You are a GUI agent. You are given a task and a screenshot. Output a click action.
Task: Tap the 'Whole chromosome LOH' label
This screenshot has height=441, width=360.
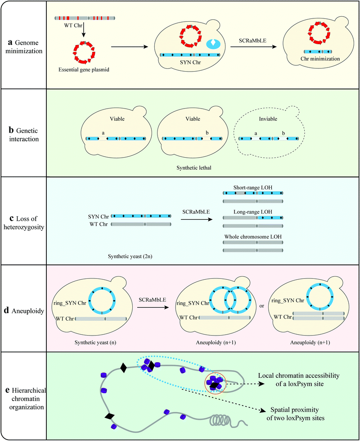253,236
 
